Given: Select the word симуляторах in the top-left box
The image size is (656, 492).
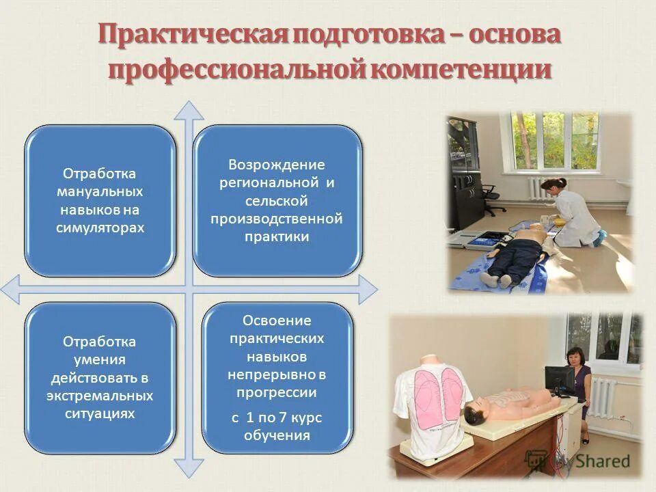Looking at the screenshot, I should point(100,228).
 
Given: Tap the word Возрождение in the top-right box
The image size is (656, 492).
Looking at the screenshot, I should point(276,165).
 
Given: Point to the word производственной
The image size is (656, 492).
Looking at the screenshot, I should point(276,219).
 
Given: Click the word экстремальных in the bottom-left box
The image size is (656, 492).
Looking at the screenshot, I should point(100,396).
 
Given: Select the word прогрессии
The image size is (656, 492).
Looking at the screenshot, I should point(277,392).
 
